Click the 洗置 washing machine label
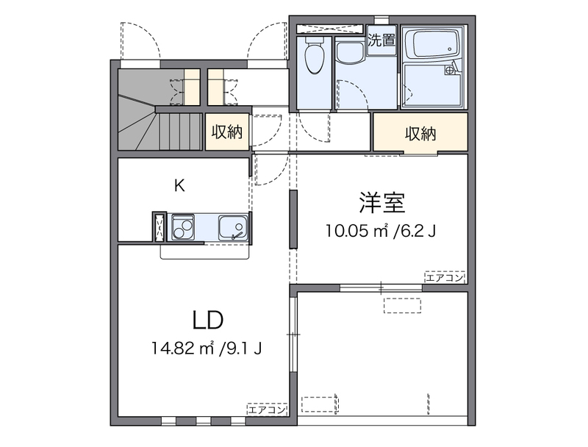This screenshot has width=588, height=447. [x=381, y=40]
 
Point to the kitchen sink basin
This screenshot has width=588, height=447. [x=233, y=228]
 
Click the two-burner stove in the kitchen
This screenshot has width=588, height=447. [x=182, y=228]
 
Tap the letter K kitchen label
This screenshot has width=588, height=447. [x=179, y=185]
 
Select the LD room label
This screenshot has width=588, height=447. [x=208, y=321]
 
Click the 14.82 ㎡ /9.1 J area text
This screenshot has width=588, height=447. [x=207, y=348]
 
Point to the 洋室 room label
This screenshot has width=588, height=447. [x=382, y=203]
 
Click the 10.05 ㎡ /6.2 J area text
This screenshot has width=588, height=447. [x=381, y=231]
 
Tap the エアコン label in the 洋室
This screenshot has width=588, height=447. [x=445, y=277]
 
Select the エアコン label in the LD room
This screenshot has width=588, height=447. [x=267, y=410]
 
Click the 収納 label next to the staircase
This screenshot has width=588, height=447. [x=227, y=132]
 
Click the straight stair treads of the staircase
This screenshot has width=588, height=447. [x=181, y=132]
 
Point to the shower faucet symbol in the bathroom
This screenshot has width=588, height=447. [x=449, y=70]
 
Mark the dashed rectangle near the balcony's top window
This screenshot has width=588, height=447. [x=402, y=305]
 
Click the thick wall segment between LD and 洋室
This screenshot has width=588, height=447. [x=293, y=219]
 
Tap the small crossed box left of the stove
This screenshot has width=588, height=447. [x=159, y=226]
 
